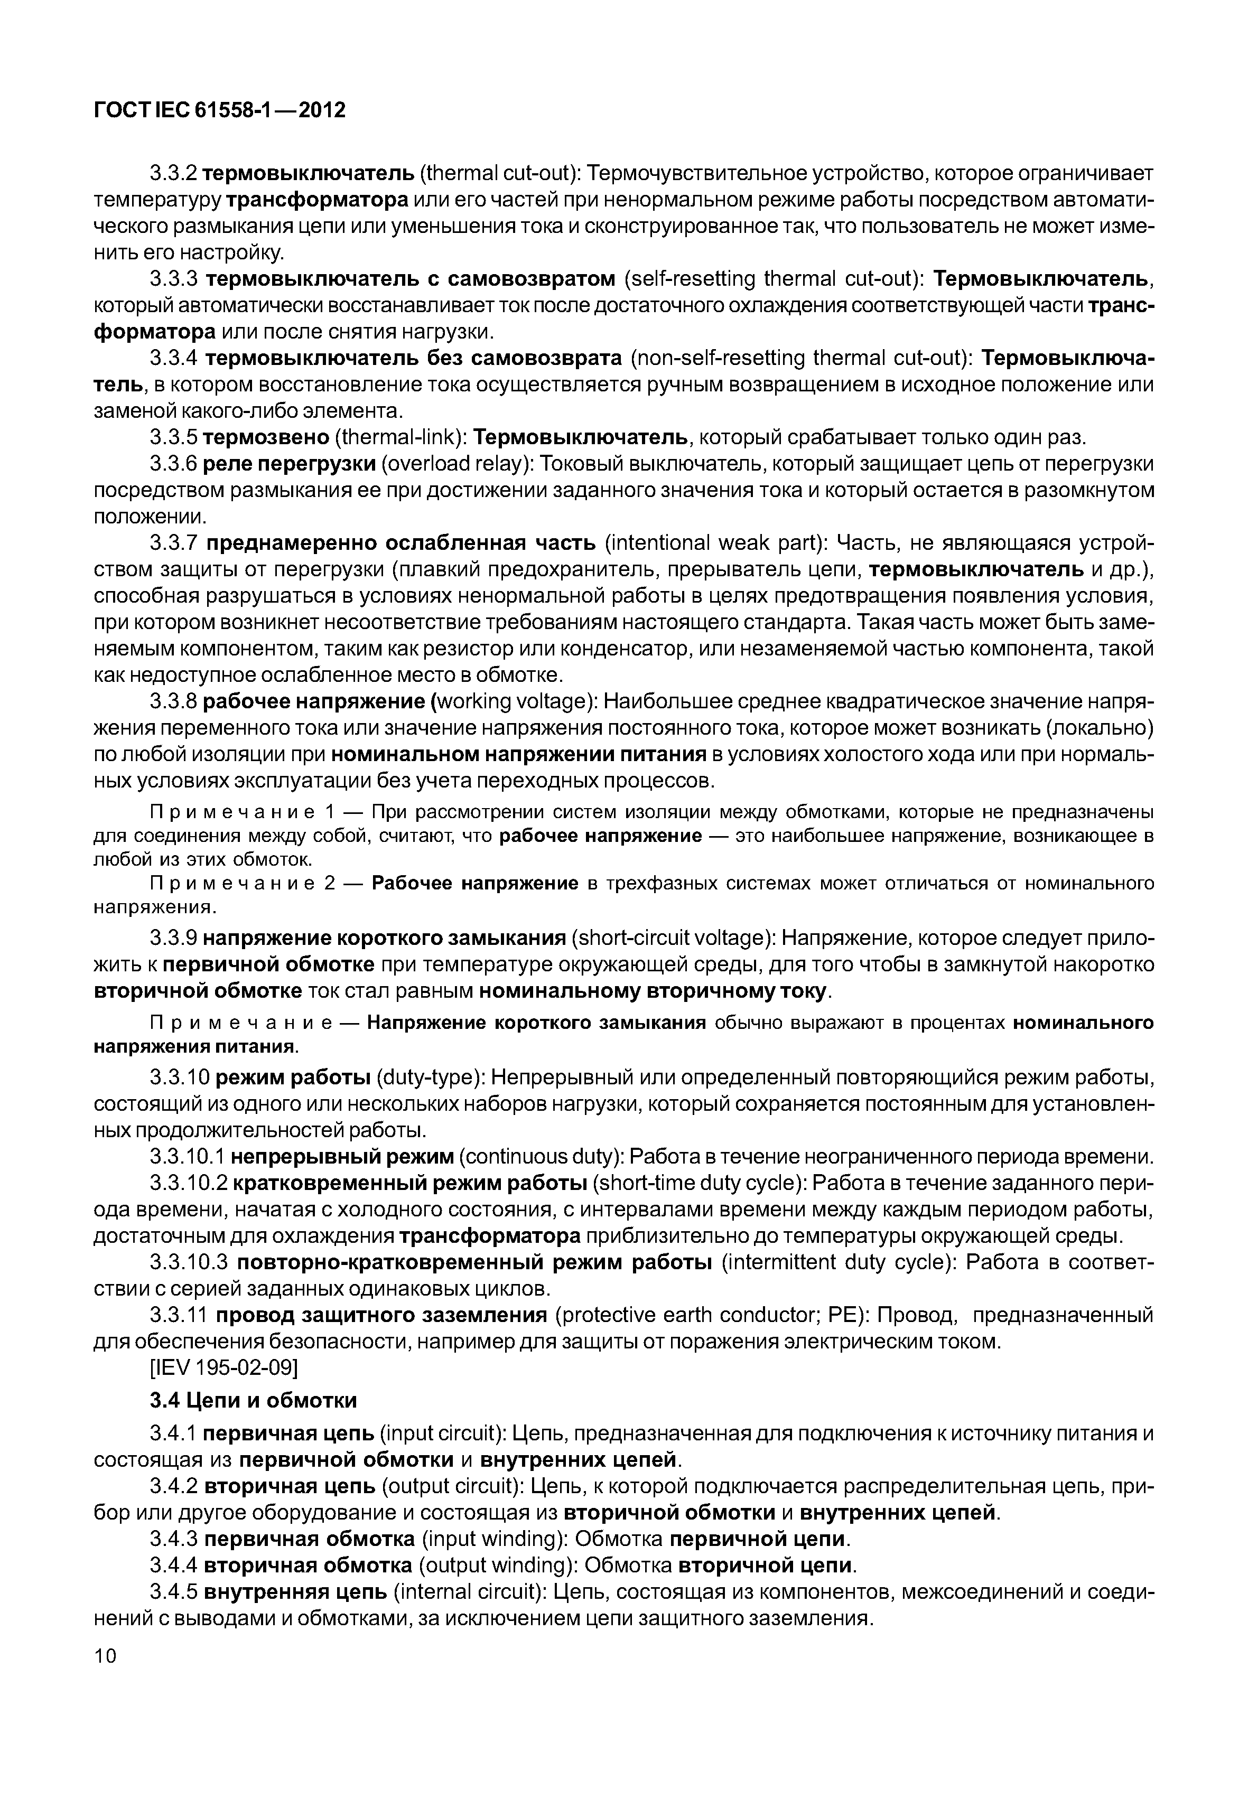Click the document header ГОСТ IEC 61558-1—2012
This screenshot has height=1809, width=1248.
tap(220, 110)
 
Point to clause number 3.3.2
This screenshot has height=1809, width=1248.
tap(174, 173)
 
